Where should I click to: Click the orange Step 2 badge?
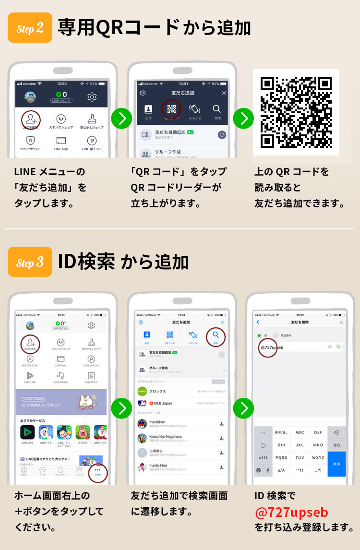30,28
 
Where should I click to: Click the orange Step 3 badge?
30,263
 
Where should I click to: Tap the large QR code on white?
296,112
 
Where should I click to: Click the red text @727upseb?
291,512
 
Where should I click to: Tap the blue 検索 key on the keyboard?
336,464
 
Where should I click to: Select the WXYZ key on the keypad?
318,457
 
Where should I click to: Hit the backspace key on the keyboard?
336,432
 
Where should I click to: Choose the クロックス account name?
157,391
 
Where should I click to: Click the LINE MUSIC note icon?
60,375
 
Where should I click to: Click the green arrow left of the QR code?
243,119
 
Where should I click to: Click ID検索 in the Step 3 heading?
86,262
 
